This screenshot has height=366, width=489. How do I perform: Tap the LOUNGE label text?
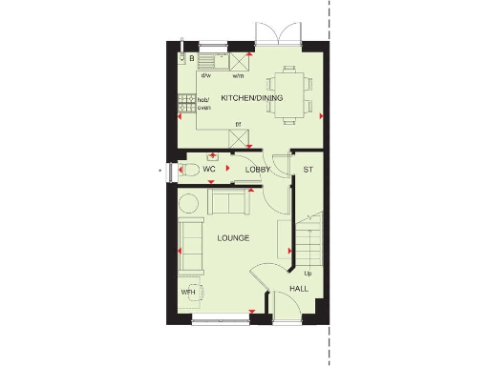pyautogui.click(x=233, y=237)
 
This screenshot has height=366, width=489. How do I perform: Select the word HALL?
pyautogui.click(x=298, y=288)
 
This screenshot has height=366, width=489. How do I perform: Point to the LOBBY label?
pyautogui.click(x=258, y=170)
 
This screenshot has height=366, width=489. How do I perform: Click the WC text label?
pyautogui.click(x=209, y=170)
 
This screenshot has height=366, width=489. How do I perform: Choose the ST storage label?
pyautogui.click(x=308, y=170)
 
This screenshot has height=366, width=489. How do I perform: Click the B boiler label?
pyautogui.click(x=192, y=59)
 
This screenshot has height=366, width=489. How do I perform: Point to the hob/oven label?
pyautogui.click(x=203, y=103)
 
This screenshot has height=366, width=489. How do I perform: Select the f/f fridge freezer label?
pyautogui.click(x=239, y=124)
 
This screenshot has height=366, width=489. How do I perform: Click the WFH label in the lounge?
pyautogui.click(x=188, y=291)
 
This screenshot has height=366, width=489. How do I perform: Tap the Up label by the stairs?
pyautogui.click(x=308, y=274)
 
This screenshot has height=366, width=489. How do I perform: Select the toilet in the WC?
pyautogui.click(x=188, y=170)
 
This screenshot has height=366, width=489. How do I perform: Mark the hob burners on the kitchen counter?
pyautogui.click(x=183, y=104)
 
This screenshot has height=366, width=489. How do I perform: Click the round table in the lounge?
pyautogui.click(x=189, y=202)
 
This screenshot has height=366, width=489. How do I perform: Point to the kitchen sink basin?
pyautogui.click(x=216, y=60)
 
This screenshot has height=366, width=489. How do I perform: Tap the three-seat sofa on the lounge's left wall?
pyautogui.click(x=190, y=243)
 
